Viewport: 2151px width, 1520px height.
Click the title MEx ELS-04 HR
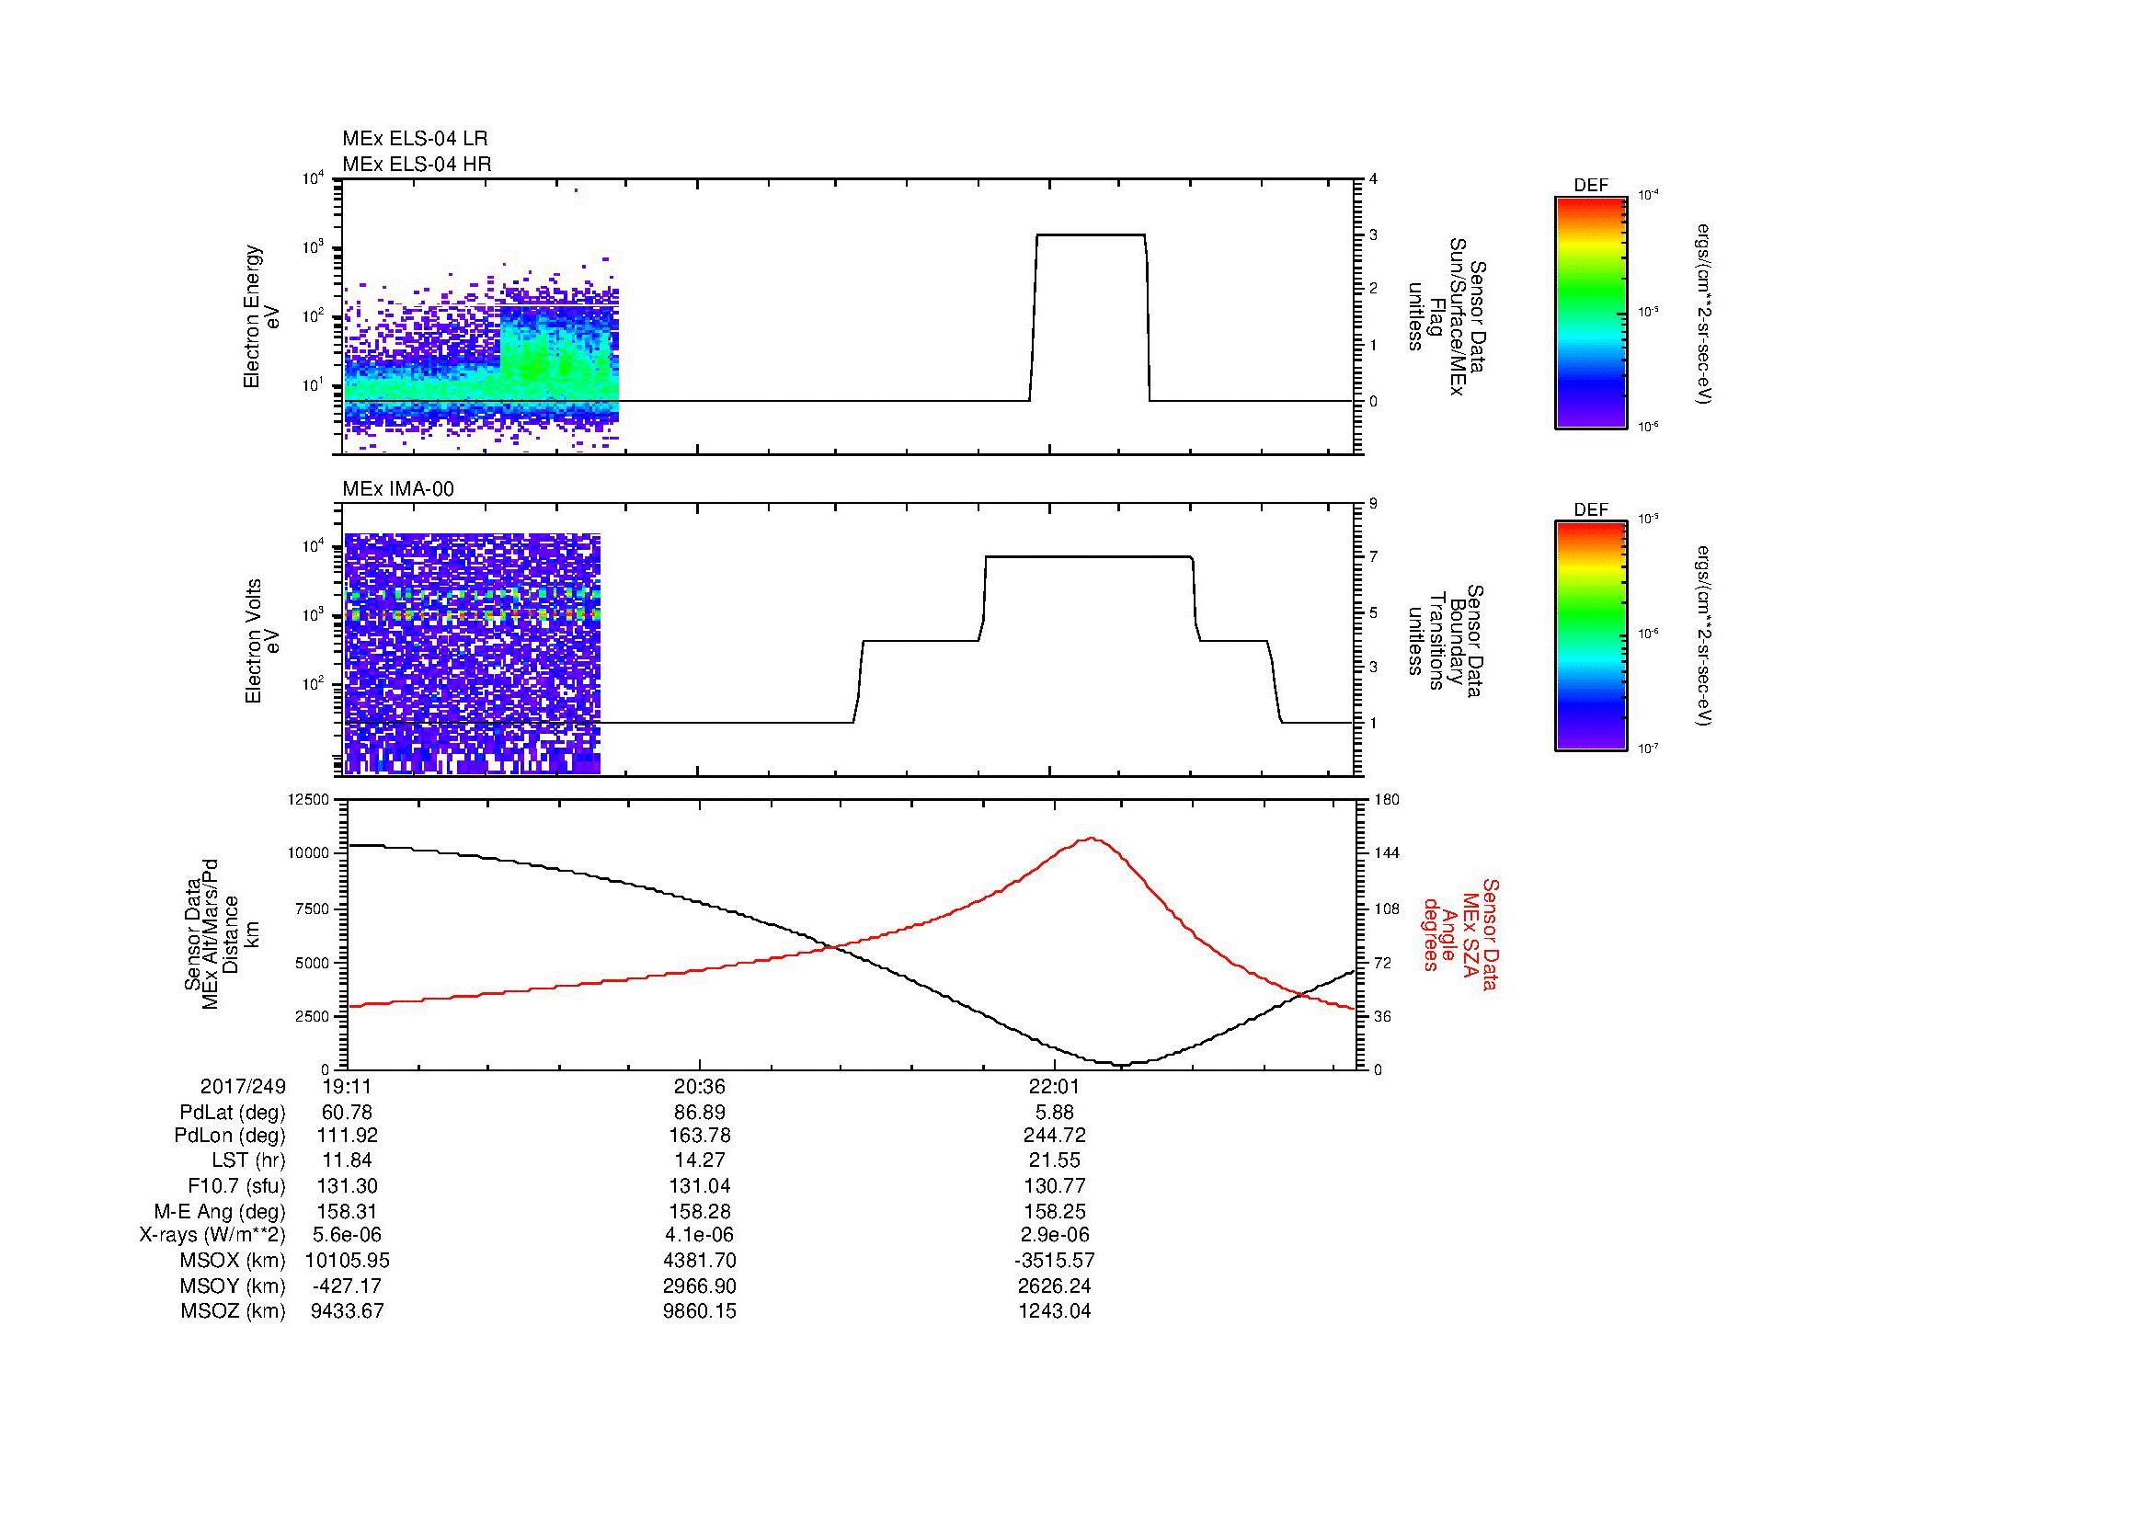click(416, 164)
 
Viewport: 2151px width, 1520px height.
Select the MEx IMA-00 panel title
click(398, 489)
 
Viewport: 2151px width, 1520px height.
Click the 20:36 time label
click(699, 1087)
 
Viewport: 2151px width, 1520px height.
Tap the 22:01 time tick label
click(1054, 1087)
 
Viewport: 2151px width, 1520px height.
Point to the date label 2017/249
click(244, 1087)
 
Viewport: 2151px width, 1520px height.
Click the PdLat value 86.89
click(699, 1113)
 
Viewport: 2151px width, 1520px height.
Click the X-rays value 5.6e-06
click(347, 1235)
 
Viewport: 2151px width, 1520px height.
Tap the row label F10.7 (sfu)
click(236, 1186)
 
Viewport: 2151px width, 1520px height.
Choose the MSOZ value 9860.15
click(699, 1311)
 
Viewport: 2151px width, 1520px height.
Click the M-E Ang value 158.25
click(1054, 1211)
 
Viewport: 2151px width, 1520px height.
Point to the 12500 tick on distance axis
click(309, 800)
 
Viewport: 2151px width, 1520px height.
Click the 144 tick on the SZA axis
click(1386, 853)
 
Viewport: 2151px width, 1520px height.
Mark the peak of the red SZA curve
click(1092, 839)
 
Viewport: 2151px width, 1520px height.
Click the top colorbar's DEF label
click(1591, 186)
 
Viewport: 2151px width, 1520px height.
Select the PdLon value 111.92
click(347, 1137)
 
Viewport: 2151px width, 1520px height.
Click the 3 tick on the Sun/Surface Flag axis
click(1373, 234)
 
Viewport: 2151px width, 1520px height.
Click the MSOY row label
click(233, 1286)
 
